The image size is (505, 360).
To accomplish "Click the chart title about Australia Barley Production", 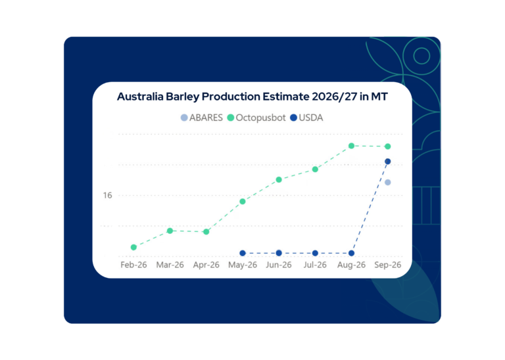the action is tap(252, 97).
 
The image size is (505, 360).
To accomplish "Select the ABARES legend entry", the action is tap(202, 118).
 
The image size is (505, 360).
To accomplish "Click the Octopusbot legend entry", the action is tap(256, 118).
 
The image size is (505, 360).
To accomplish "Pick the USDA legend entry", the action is tap(306, 118).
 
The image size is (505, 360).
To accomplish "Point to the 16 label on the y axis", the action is tap(107, 195).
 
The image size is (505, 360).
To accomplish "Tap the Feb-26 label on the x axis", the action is tap(133, 265).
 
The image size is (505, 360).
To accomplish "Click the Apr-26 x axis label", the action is tap(206, 265).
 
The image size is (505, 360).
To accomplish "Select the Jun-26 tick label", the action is tap(279, 265).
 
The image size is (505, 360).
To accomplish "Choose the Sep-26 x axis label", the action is tap(387, 265).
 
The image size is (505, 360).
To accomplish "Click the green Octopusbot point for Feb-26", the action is tap(133, 247).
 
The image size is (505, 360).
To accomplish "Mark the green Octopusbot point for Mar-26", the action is tap(170, 231).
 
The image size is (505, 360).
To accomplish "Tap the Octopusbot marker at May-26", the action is tap(243, 202).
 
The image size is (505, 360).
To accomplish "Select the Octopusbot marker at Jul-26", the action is tap(316, 169).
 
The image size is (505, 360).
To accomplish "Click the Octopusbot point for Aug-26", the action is tap(351, 146).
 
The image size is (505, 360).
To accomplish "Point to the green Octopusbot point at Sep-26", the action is tap(388, 146).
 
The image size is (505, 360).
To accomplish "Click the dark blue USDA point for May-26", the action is tap(243, 253).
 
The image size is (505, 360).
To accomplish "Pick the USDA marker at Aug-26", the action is tap(351, 253).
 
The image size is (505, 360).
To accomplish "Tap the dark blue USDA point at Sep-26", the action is tap(388, 162).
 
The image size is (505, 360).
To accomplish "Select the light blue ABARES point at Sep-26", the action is tap(388, 183).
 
